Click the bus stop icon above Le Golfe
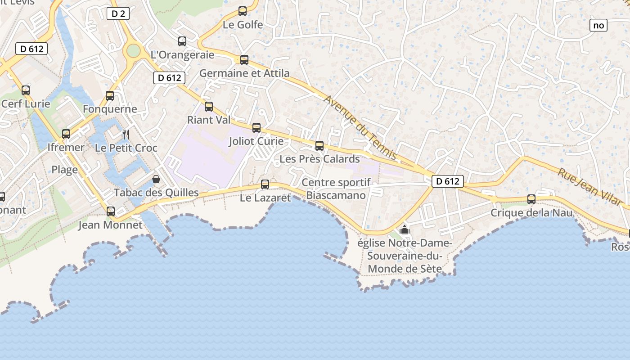243,11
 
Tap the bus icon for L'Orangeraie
182,41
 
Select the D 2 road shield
118,13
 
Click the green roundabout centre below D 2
133,50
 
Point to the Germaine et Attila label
244,73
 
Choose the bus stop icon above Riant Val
209,107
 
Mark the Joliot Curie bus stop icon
256,127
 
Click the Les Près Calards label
319,159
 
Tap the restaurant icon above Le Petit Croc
126,134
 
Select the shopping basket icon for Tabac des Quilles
156,179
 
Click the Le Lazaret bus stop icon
265,184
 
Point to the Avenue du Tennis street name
360,127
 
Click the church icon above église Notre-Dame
405,229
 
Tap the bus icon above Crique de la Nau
531,199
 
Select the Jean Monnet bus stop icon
110,211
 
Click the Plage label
64,170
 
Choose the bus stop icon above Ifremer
66,134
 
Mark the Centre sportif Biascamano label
336,189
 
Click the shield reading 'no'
598,25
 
